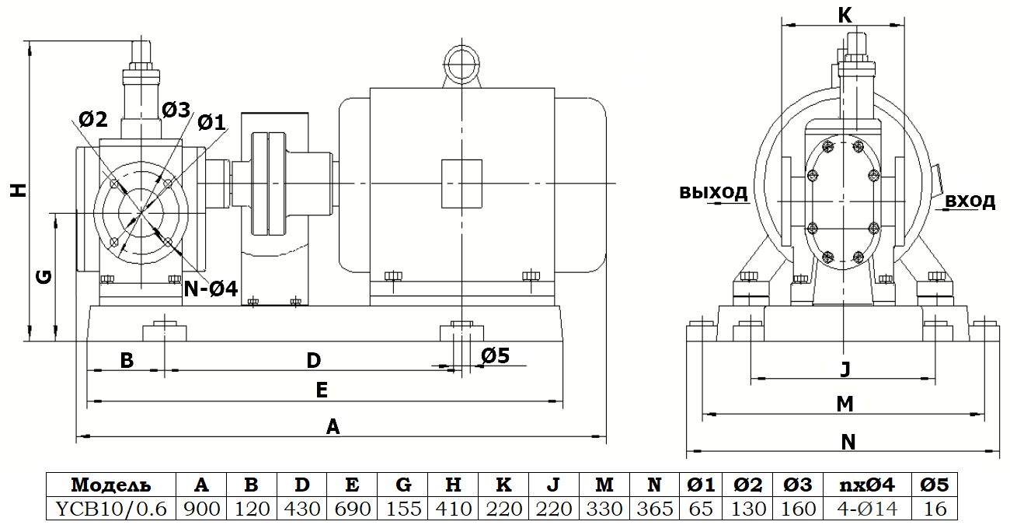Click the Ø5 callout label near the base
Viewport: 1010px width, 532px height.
point(495,355)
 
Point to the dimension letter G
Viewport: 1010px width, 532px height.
point(45,276)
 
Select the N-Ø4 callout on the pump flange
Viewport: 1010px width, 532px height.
point(210,289)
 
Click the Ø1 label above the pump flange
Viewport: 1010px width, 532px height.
point(211,121)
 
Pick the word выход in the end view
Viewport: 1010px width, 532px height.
point(713,191)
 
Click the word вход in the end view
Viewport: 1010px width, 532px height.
point(970,201)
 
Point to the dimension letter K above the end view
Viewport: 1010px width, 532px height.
point(845,14)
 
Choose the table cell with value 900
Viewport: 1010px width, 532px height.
point(201,509)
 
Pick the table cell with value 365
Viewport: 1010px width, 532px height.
point(654,509)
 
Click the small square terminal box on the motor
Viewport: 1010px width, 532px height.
point(461,184)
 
